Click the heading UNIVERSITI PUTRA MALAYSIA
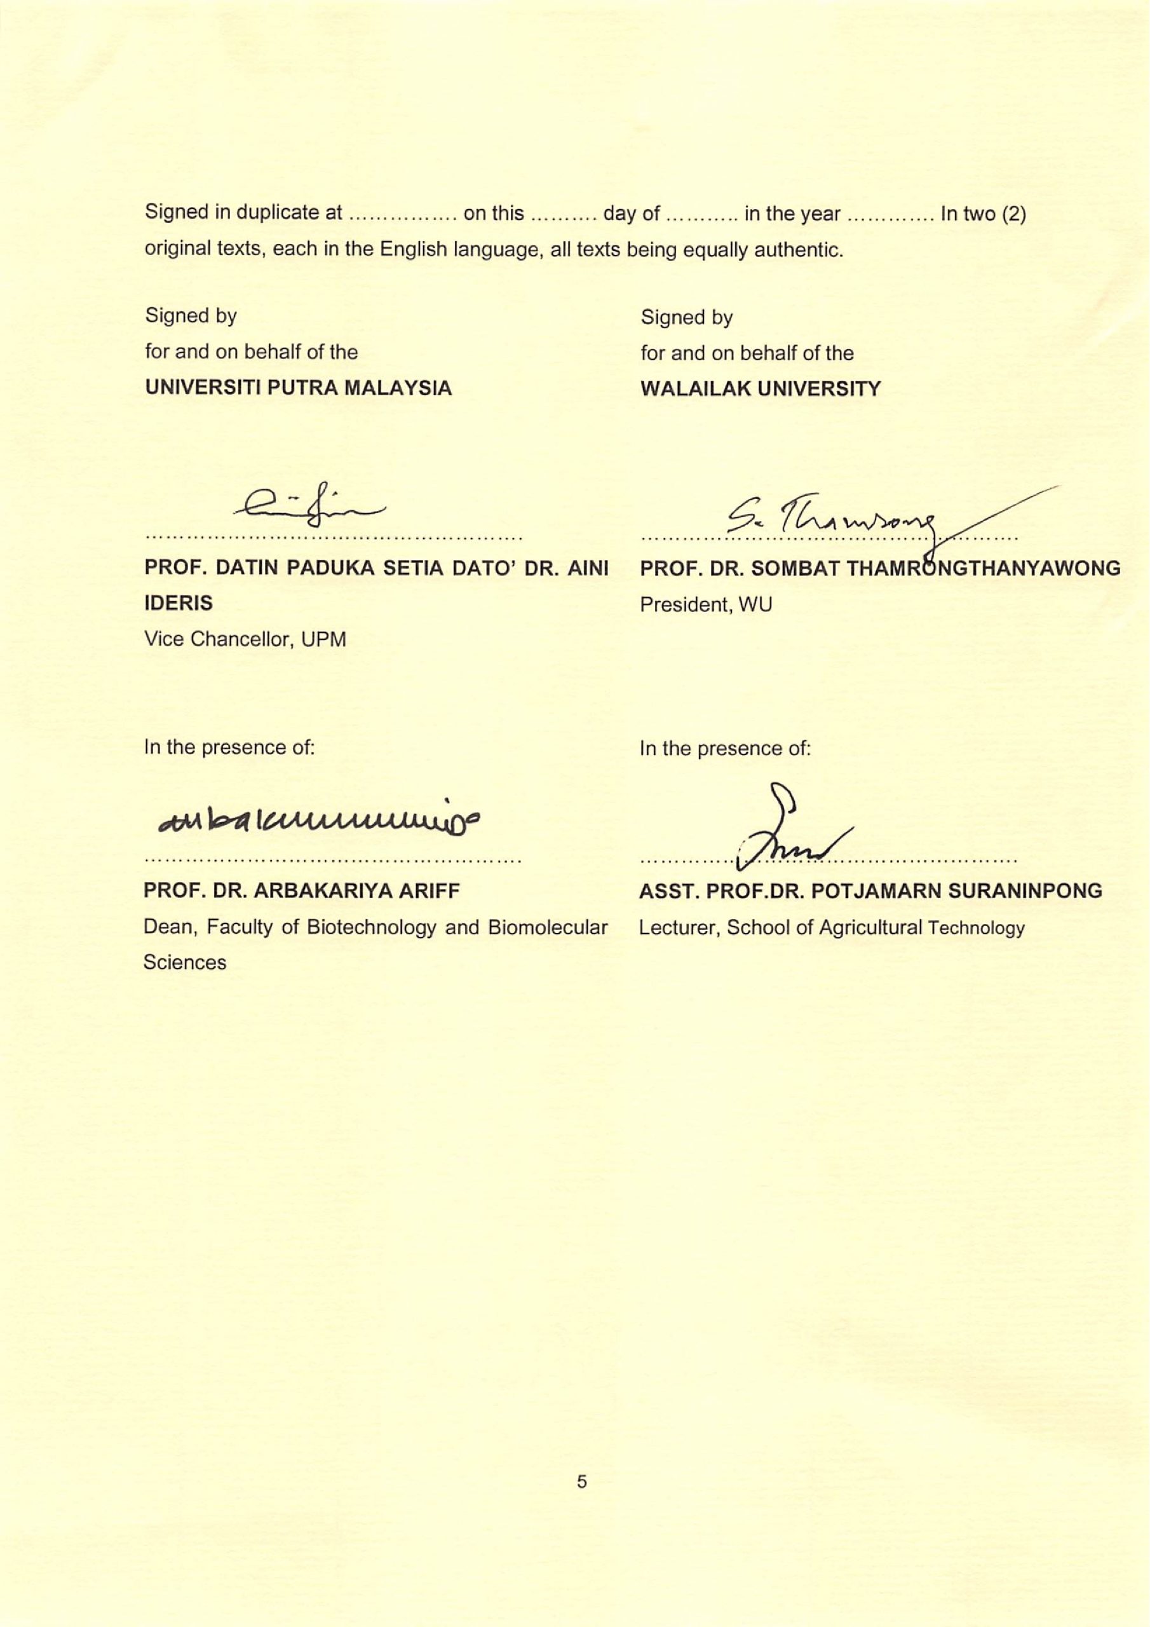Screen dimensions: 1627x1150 point(299,388)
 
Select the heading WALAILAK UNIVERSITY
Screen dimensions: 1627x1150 point(761,389)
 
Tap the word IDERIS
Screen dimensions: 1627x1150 point(179,604)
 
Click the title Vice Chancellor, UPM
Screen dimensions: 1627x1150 point(245,639)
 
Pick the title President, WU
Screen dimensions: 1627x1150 point(706,604)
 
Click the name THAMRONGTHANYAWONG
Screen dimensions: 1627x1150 point(984,568)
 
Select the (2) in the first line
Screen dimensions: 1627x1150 point(1013,214)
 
